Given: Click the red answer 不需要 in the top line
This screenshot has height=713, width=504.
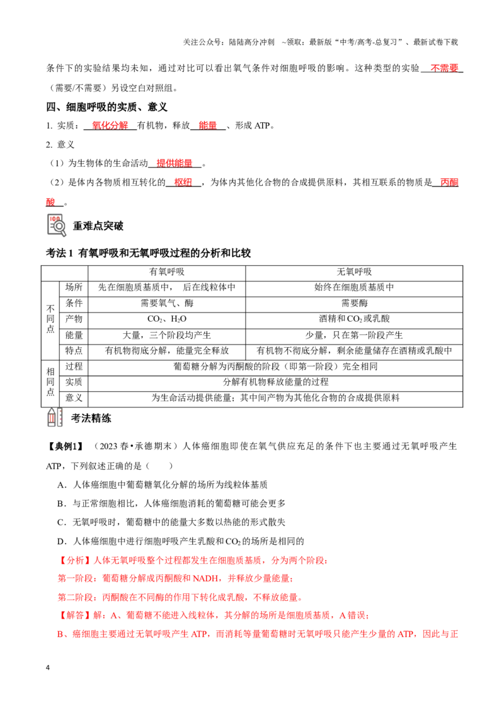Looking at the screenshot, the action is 444,68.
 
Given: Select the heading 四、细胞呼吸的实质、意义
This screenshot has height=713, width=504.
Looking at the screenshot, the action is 107,107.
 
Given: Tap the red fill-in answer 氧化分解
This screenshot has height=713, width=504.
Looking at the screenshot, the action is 110,125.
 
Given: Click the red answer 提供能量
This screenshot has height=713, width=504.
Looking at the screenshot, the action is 175,163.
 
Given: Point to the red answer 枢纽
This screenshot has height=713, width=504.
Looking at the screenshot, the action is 183,182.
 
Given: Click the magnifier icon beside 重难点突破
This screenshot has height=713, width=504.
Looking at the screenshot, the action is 57,225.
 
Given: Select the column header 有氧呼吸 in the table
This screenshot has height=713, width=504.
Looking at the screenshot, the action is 167,272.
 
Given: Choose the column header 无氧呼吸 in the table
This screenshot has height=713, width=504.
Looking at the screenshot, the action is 354,272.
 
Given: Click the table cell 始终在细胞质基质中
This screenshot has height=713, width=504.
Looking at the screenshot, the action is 354,287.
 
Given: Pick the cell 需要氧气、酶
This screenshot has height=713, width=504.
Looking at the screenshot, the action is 167,304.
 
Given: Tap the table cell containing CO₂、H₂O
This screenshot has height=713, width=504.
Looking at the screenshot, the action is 167,319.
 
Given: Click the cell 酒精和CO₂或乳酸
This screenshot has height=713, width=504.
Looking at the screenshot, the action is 354,319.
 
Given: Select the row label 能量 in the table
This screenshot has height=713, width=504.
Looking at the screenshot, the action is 74,335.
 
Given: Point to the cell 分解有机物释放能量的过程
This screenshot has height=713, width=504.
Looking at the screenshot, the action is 275,382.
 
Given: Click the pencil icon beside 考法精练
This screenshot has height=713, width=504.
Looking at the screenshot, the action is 55,418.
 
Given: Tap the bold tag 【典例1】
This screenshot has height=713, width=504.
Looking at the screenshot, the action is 66,447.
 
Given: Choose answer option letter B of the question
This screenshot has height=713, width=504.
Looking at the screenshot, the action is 61,504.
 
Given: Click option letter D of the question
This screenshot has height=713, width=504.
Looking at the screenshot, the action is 61,542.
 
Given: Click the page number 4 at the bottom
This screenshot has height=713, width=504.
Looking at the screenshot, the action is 48,668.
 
